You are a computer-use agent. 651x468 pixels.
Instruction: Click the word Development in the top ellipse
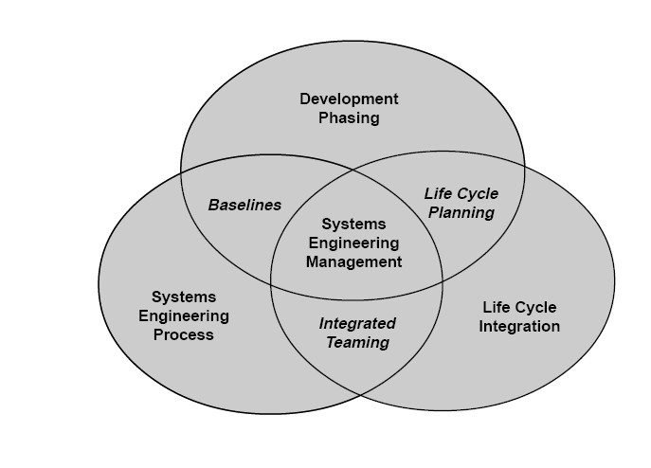click(x=349, y=99)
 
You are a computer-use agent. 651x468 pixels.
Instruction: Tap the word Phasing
click(x=349, y=118)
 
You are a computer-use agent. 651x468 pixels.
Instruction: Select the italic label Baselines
click(x=244, y=205)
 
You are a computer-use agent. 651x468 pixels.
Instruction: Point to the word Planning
click(x=461, y=212)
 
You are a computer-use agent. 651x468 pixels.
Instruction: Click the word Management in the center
click(x=354, y=261)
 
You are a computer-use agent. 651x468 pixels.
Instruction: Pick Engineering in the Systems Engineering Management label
click(x=354, y=243)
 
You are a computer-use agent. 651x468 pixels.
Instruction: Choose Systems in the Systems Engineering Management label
click(x=354, y=224)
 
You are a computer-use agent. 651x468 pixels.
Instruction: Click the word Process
click(x=184, y=334)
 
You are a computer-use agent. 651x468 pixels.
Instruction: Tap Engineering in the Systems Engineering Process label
click(x=184, y=315)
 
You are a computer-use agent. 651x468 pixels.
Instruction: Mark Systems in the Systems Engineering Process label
click(x=184, y=297)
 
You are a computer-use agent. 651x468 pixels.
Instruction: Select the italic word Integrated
click(x=357, y=323)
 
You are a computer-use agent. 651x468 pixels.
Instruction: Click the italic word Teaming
click(x=357, y=342)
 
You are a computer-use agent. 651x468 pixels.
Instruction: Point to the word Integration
click(x=520, y=327)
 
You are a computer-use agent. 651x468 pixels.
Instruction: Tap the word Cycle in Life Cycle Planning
click(x=479, y=193)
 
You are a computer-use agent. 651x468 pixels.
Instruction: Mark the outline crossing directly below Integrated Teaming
click(x=356, y=391)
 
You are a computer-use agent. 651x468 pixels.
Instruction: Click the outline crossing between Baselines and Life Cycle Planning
click(x=353, y=171)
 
